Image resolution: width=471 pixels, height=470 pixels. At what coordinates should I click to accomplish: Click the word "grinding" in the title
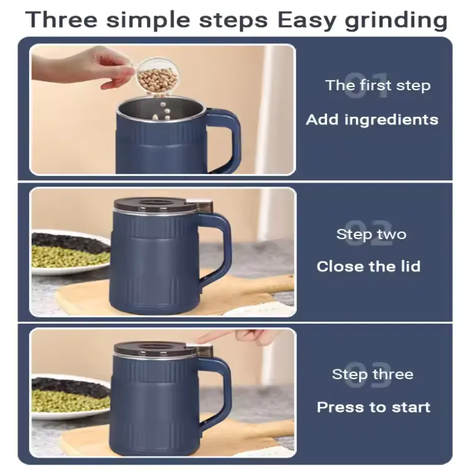tap(396, 21)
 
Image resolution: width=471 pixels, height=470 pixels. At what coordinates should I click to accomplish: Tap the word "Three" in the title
tap(61, 19)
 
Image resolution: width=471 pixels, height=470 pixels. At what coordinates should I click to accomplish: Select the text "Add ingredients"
tap(372, 120)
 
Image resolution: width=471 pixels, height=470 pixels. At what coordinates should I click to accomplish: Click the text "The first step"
tap(378, 85)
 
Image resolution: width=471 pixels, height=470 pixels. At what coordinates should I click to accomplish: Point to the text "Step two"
tap(371, 235)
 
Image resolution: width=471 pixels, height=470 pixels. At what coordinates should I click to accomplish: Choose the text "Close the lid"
tap(368, 266)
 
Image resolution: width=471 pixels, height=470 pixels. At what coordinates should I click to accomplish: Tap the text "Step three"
tap(373, 374)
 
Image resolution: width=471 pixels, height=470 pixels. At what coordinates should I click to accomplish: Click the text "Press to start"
tap(374, 407)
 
